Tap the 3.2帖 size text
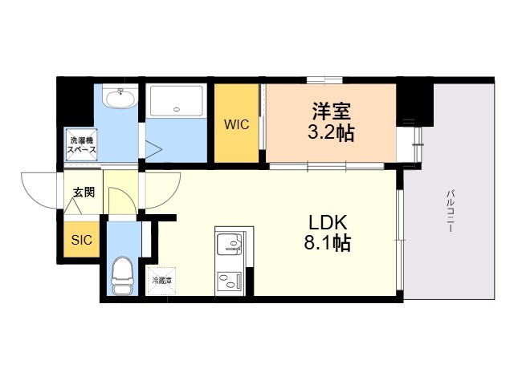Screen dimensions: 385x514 pyautogui.click(x=331, y=133)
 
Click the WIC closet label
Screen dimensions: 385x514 pyautogui.click(x=236, y=124)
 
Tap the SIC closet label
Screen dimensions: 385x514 pyautogui.click(x=81, y=240)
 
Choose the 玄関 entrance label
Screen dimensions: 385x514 pyautogui.click(x=84, y=192)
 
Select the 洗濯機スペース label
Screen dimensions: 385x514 pyautogui.click(x=82, y=144)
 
